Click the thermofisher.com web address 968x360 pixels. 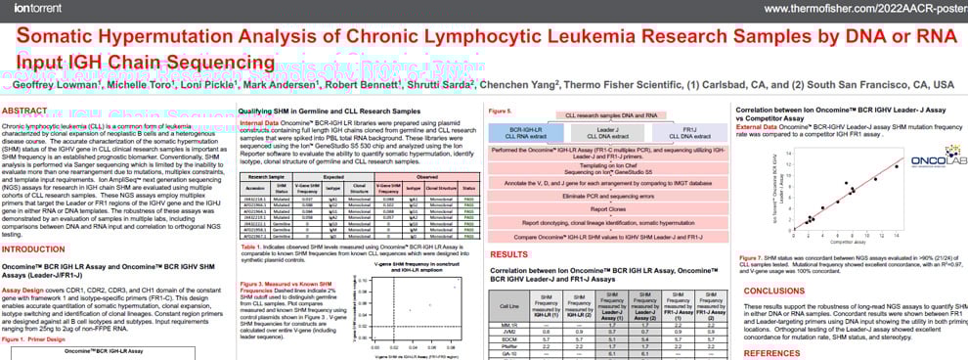point(861,9)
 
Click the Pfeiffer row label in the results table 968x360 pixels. point(506,345)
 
